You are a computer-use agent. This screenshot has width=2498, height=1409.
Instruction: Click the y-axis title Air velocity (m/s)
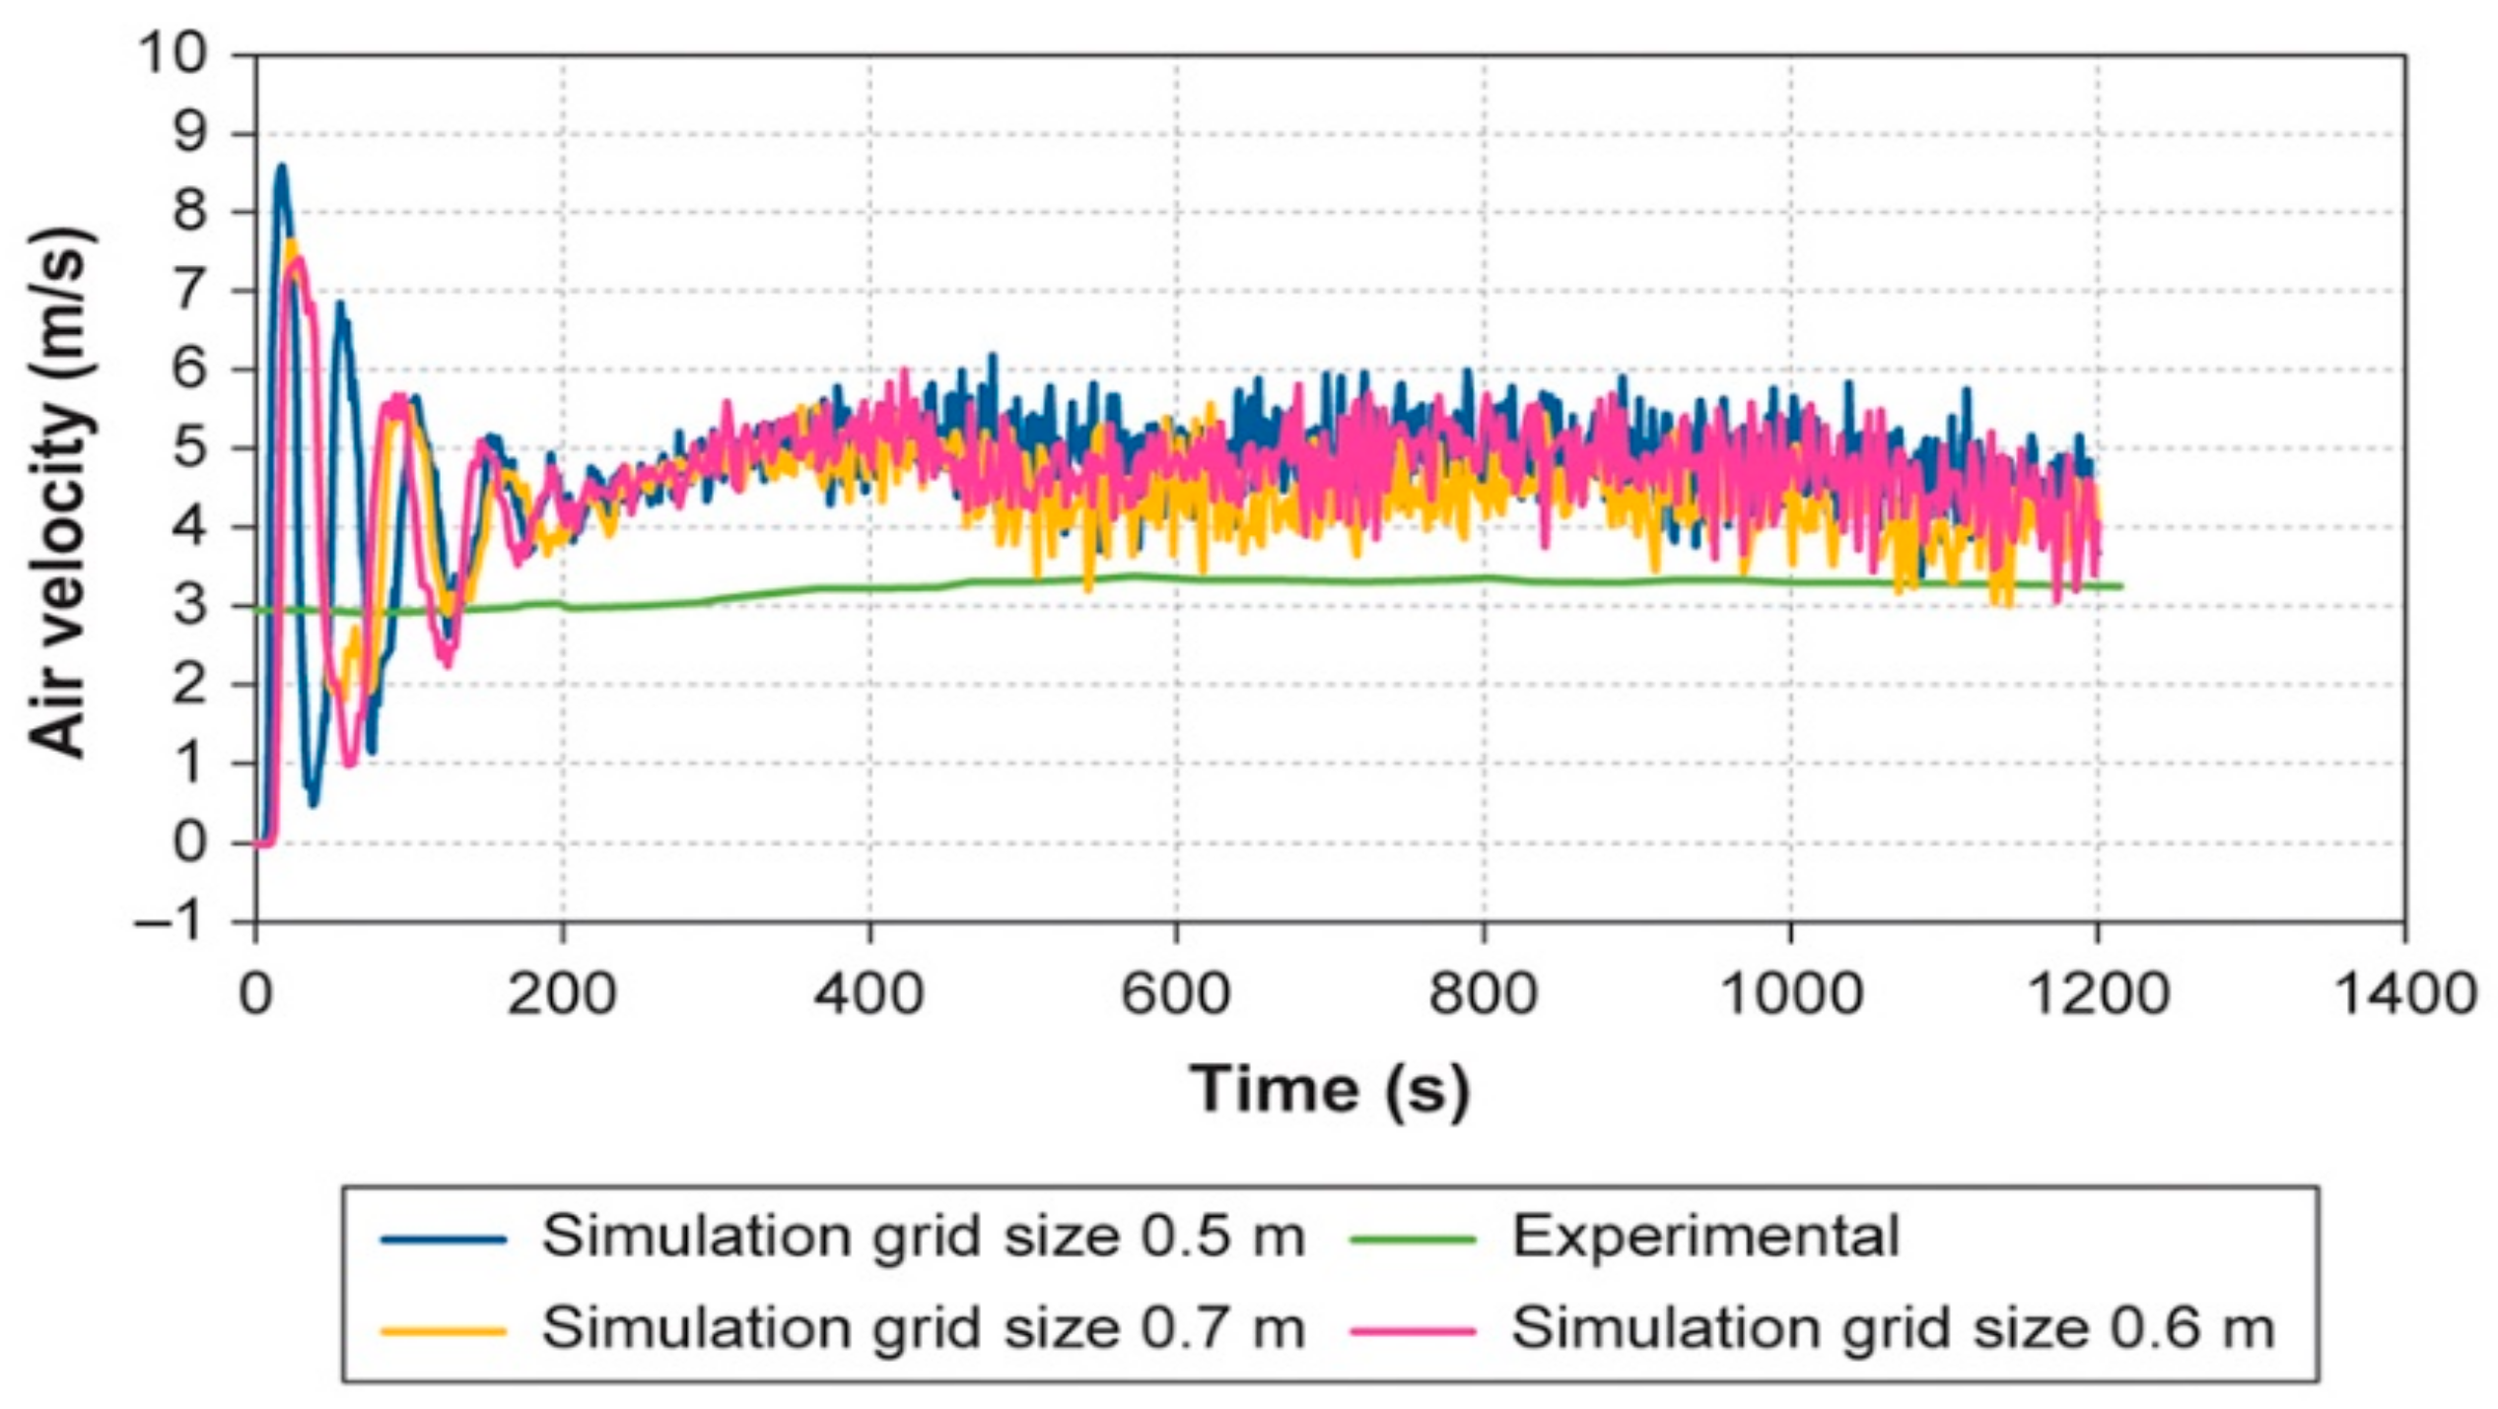point(61,493)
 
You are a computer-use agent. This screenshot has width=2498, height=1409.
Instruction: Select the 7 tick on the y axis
point(191,292)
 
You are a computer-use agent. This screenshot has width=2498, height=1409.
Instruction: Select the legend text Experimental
point(1705,1237)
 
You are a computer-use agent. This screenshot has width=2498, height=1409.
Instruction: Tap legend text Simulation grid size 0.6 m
point(1894,1328)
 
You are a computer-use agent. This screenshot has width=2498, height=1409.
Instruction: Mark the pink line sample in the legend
point(1413,1331)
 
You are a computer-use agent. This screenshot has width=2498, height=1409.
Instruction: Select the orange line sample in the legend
point(444,1331)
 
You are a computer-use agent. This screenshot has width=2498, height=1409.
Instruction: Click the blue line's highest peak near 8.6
point(282,168)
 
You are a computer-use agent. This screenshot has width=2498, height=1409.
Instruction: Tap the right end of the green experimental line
point(2119,586)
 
